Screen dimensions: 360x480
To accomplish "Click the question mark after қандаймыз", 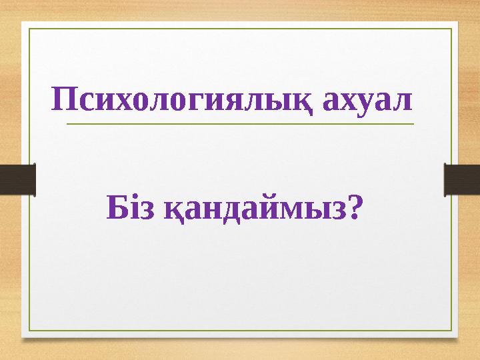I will (x=357, y=209).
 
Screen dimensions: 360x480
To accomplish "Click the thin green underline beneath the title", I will (x=240, y=124).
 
